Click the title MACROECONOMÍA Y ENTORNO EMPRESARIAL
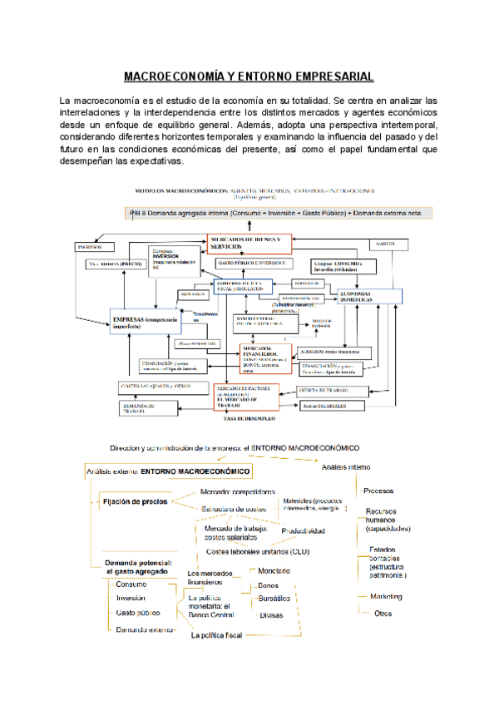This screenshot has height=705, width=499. (x=249, y=76)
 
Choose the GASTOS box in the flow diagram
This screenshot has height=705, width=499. (x=384, y=244)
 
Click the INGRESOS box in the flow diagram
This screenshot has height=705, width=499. (x=90, y=247)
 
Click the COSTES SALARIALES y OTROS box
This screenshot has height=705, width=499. (x=156, y=387)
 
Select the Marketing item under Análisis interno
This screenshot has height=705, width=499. (x=386, y=596)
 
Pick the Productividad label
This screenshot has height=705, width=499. (x=303, y=530)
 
